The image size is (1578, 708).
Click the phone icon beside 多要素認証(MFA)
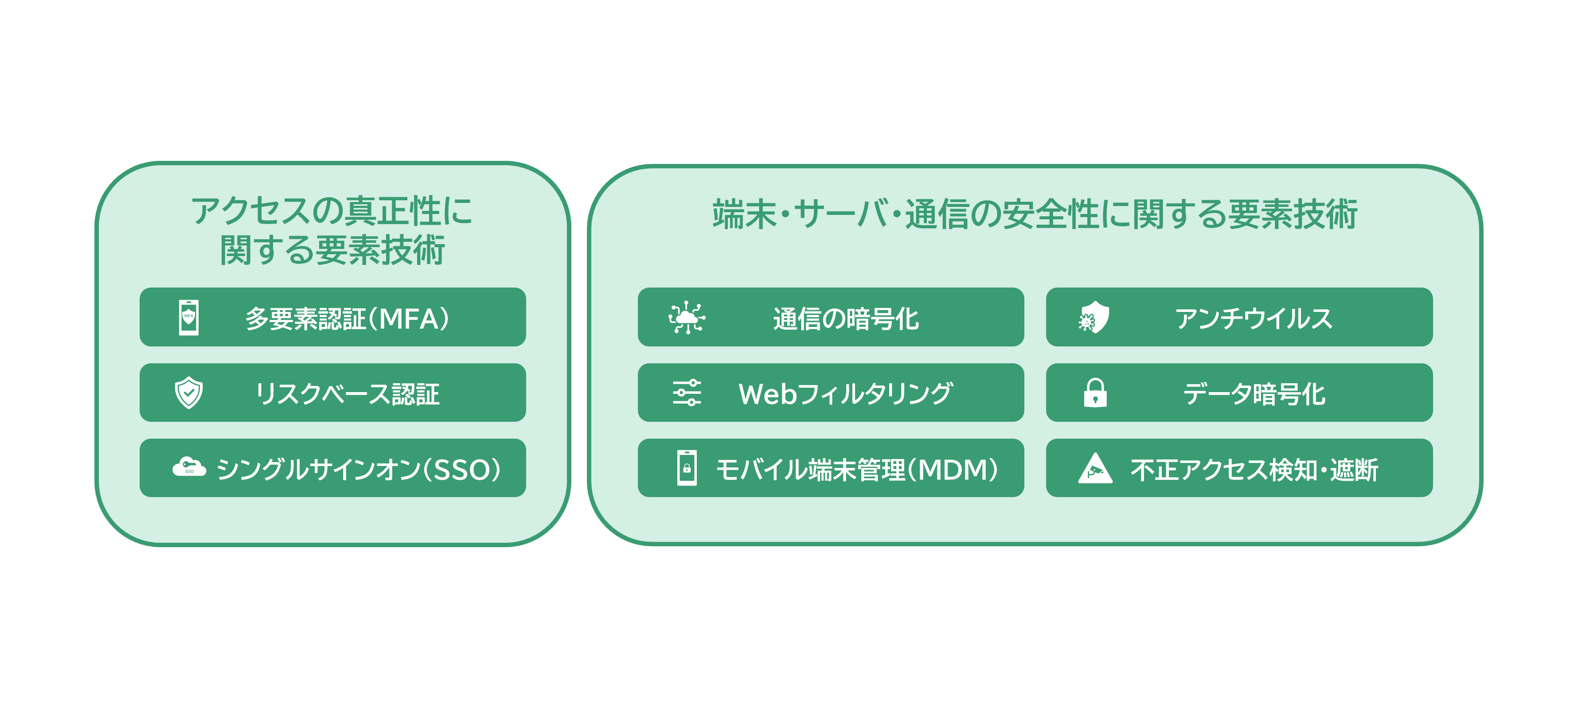click(x=189, y=317)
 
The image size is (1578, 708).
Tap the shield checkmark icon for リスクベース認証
click(x=189, y=393)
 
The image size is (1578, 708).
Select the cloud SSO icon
click(x=189, y=467)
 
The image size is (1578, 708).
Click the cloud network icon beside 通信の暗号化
click(x=687, y=317)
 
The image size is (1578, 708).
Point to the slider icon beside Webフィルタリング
click(x=687, y=393)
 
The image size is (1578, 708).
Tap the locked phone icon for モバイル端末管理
click(x=687, y=468)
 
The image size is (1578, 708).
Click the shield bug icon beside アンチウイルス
click(x=1094, y=317)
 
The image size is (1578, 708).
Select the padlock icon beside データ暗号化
click(x=1095, y=393)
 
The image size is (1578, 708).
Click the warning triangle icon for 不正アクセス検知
click(x=1095, y=469)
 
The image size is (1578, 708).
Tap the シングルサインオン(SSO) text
click(x=359, y=470)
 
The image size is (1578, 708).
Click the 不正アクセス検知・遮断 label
click(x=1254, y=470)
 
